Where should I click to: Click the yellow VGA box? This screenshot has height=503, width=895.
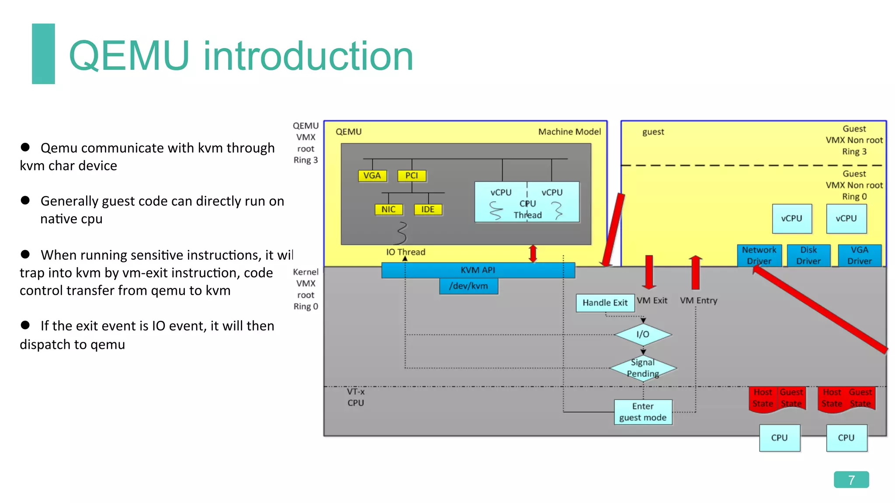(372, 176)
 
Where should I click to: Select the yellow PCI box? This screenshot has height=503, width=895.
(411, 176)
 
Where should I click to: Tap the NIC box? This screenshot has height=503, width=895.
(389, 210)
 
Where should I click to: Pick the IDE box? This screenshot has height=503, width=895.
(428, 210)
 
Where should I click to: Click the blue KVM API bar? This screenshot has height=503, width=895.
(478, 270)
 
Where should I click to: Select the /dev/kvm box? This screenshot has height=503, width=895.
(468, 286)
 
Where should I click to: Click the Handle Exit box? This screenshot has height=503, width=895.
(605, 303)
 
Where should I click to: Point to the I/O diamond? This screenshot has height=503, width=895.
(642, 334)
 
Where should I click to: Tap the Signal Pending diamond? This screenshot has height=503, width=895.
(643, 368)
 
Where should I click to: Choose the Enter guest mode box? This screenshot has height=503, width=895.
(643, 412)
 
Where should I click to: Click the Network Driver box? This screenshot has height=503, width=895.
(759, 255)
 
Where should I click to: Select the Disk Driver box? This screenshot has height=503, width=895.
(808, 255)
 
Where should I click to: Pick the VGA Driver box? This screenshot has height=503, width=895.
(859, 255)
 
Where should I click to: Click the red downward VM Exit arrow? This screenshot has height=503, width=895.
(649, 272)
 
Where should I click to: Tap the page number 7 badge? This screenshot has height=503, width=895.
(851, 479)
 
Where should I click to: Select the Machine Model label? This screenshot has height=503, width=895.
(569, 132)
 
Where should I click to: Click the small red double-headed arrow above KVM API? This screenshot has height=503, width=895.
(533, 254)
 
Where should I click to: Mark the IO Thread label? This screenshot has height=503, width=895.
(406, 252)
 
